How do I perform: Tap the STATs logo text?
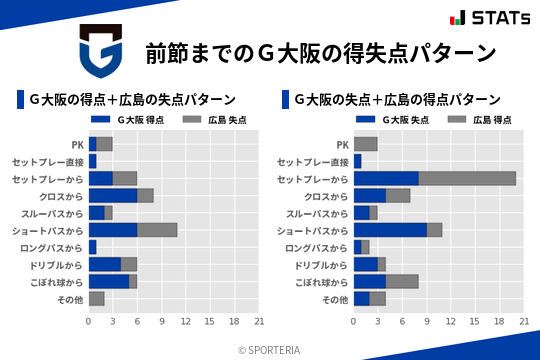pyautogui.click(x=490, y=18)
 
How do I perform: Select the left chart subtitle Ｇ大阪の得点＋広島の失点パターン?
pyautogui.click(x=133, y=99)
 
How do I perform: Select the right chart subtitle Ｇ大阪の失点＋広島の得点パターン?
pyautogui.click(x=398, y=99)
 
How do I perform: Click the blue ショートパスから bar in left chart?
pyautogui.click(x=113, y=229)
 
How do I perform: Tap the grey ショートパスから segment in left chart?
pyautogui.click(x=157, y=229)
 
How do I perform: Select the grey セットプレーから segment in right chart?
pyautogui.click(x=467, y=178)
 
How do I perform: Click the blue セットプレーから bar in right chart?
pyautogui.click(x=386, y=178)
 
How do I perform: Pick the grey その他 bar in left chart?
pyautogui.click(x=97, y=298)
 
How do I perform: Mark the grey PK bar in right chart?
pyautogui.click(x=366, y=144)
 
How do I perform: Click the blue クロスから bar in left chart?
pyautogui.click(x=113, y=195)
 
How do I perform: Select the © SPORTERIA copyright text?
pyautogui.click(x=270, y=349)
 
